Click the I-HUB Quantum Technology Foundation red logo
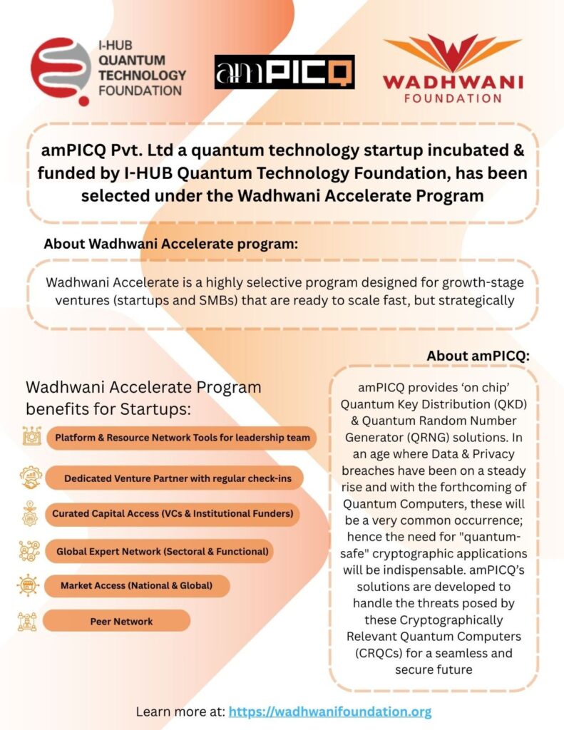point(60,71)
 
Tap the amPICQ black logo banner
point(284,72)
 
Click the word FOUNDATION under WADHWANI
point(452,97)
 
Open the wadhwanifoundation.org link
point(330,711)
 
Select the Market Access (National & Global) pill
point(136,586)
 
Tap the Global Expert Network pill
point(162,551)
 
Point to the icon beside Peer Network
point(28,621)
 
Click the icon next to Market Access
point(28,585)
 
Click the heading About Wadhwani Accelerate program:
point(170,243)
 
